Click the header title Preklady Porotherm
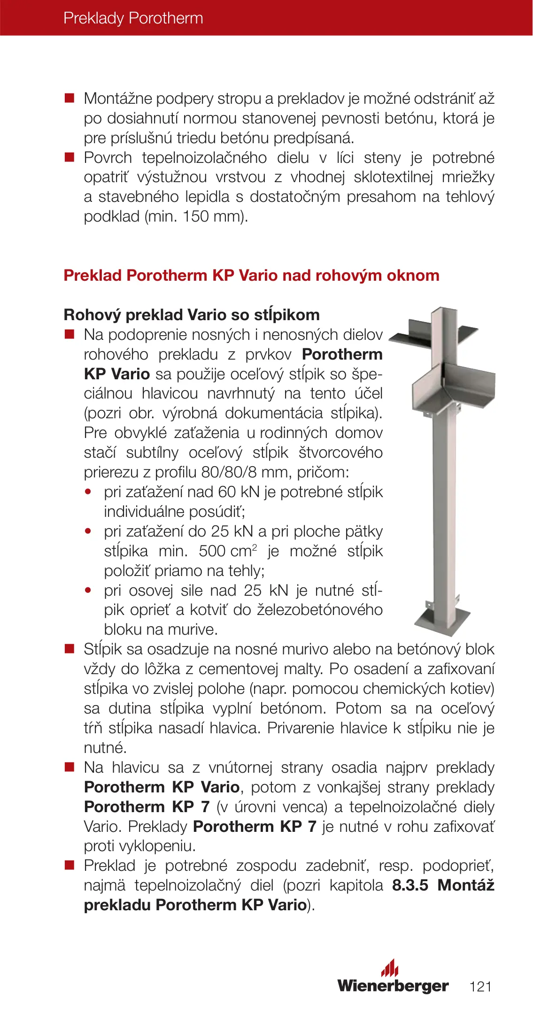pyautogui.click(x=133, y=18)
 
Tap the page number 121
pyautogui.click(x=480, y=986)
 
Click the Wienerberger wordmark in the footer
pyautogui.click(x=393, y=985)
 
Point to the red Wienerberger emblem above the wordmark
pyautogui.click(x=390, y=968)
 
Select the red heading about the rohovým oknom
pyautogui.click(x=251, y=275)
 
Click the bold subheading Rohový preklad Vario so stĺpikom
pyautogui.click(x=192, y=315)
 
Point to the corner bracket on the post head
pyautogui.click(x=453, y=387)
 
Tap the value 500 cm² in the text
pyautogui.click(x=228, y=551)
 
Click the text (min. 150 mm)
pyautogui.click(x=196, y=216)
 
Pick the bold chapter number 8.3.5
pyautogui.click(x=410, y=885)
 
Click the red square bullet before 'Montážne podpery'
pyautogui.click(x=70, y=98)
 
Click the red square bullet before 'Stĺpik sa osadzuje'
pyautogui.click(x=70, y=649)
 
